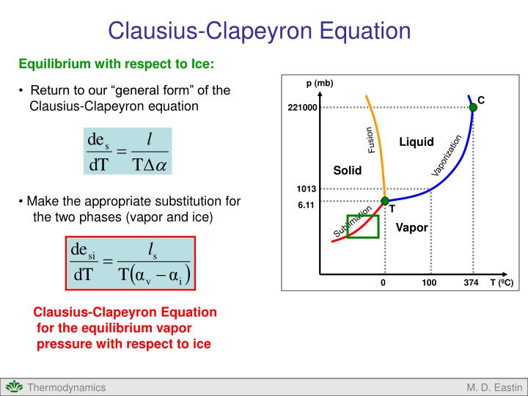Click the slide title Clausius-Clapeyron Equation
[x=259, y=31]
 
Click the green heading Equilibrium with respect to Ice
[x=117, y=64]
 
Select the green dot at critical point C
[x=473, y=107]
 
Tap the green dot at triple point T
[x=385, y=201]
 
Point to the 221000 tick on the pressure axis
[x=302, y=108]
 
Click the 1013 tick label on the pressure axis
[x=306, y=190]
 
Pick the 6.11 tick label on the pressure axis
[x=306, y=205]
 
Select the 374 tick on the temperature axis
[x=471, y=283]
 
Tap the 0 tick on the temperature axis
[x=383, y=283]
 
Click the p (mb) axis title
[x=320, y=83]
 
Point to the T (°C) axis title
[x=501, y=283]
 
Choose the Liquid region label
[x=417, y=142]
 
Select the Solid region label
[x=348, y=170]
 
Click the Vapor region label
[x=411, y=227]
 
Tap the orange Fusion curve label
[x=371, y=140]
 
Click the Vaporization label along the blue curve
[x=447, y=155]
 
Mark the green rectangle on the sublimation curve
[x=363, y=227]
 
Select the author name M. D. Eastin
[x=494, y=387]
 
